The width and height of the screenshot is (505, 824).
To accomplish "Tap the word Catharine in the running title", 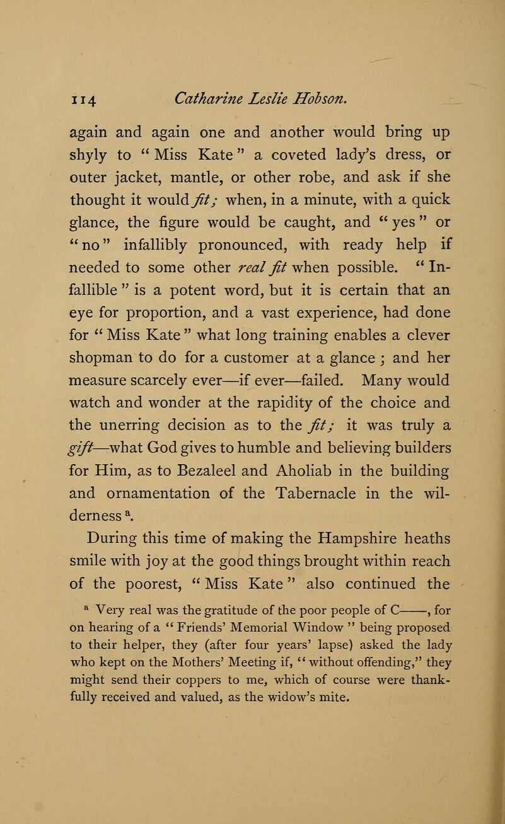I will [x=191, y=97].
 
